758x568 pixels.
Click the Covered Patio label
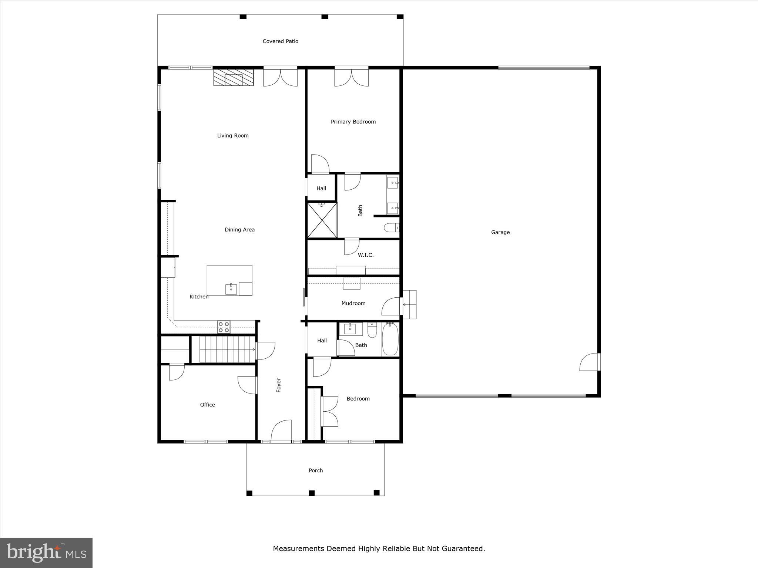[x=280, y=41]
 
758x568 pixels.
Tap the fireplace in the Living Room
[x=234, y=78]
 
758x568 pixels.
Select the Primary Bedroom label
[x=353, y=122]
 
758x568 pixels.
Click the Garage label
[x=500, y=232]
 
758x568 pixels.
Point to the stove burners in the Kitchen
[x=224, y=327]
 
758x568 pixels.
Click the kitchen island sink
[x=231, y=289]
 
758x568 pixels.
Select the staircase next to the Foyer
[x=228, y=349]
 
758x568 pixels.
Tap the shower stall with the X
[x=322, y=220]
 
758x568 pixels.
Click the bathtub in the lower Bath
[x=390, y=339]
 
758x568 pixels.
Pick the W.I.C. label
[x=366, y=255]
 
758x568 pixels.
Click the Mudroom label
[x=353, y=303]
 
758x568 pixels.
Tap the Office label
[x=207, y=405]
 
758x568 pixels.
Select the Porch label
[x=316, y=470]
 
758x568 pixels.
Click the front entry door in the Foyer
[x=282, y=431]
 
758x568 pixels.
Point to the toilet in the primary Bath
[x=391, y=227]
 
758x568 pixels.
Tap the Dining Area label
[x=239, y=230]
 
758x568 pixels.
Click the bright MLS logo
[x=46, y=553]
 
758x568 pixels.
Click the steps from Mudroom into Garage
[x=409, y=304]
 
